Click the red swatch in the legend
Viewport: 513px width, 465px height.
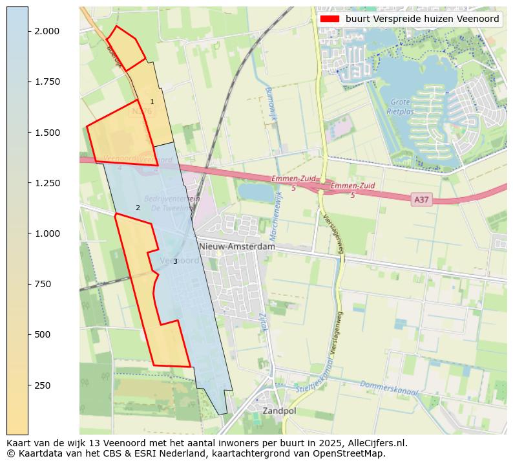[330, 19]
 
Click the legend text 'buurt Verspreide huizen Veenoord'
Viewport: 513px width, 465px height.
[422, 19]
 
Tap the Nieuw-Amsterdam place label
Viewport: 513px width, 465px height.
[237, 246]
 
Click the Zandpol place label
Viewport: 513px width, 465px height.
[279, 411]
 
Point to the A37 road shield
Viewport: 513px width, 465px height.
[421, 200]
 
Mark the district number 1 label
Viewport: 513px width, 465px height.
[152, 102]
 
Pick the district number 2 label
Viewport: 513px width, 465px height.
[138, 208]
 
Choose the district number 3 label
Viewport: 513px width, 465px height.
[175, 261]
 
